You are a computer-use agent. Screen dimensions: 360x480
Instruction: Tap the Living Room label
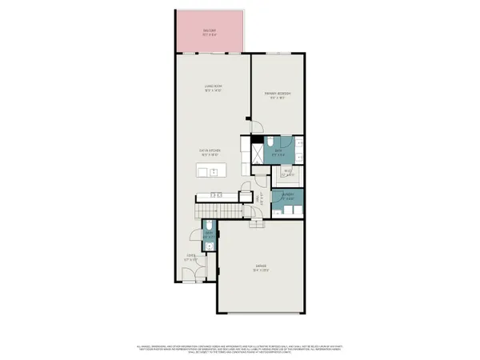tap(212, 90)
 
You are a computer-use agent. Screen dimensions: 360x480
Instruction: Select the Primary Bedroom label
tap(278, 95)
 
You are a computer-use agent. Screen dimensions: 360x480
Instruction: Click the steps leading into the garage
tap(258, 223)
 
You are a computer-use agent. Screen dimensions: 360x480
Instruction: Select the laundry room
tap(286, 201)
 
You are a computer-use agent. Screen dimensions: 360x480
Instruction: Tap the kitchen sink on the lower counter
tap(214, 195)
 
